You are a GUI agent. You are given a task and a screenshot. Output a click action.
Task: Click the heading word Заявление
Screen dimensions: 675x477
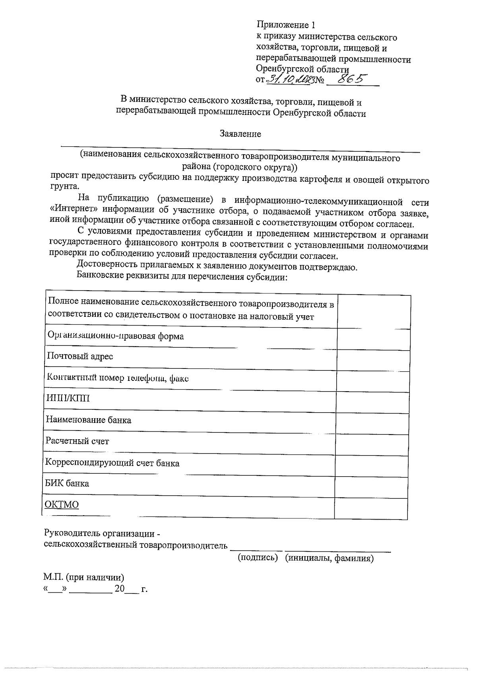point(240,134)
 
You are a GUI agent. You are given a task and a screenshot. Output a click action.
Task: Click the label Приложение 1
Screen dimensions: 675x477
point(285,25)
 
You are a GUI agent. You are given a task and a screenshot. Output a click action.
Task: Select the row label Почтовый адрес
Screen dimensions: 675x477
point(80,356)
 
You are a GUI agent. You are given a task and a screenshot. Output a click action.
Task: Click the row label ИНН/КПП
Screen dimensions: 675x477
point(68,398)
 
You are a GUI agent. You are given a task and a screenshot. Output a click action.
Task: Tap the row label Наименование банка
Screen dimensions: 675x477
point(88,420)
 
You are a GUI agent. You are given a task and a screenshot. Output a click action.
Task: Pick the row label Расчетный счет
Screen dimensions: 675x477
point(77,441)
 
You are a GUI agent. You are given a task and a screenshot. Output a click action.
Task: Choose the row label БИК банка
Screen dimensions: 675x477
point(67,484)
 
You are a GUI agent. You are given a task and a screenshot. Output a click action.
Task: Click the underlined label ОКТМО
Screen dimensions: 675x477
point(62,505)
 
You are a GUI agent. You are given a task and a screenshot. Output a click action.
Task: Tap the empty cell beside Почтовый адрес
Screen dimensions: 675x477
point(373,361)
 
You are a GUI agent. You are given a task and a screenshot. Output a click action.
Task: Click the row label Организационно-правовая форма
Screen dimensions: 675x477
point(115,336)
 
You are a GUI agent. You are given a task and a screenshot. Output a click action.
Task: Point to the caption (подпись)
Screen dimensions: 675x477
point(258,558)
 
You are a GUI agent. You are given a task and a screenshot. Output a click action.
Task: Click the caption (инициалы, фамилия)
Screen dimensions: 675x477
point(330,558)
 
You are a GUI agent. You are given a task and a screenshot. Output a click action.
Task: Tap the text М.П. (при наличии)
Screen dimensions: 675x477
point(84,577)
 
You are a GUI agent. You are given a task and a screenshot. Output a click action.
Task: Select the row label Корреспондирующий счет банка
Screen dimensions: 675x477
point(112,463)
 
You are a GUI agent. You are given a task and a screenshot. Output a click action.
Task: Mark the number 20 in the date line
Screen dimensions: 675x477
point(120,589)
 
